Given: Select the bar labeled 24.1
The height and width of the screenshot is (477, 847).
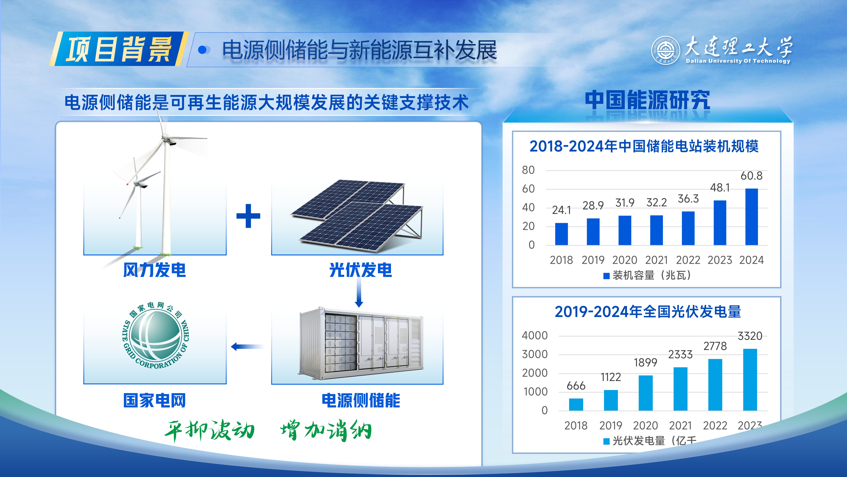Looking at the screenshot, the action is [x=561, y=234].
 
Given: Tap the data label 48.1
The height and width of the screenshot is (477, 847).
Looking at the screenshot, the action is [x=720, y=188].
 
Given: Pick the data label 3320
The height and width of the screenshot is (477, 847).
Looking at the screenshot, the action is [x=750, y=336].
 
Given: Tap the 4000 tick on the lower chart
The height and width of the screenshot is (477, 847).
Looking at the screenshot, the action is [x=535, y=336].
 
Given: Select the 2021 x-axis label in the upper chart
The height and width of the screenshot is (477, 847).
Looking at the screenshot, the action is [x=656, y=260].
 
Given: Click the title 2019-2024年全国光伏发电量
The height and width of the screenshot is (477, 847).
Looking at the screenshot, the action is [x=648, y=312].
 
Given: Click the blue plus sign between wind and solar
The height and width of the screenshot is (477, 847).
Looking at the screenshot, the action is [x=248, y=216].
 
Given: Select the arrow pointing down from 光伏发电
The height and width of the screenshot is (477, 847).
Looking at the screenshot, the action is [x=359, y=293].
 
